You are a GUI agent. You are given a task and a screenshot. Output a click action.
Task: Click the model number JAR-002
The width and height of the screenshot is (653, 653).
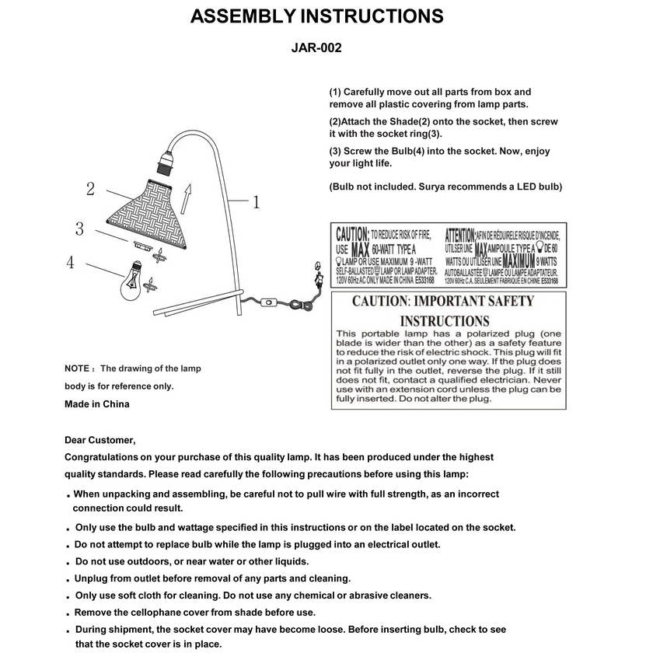pos(316,47)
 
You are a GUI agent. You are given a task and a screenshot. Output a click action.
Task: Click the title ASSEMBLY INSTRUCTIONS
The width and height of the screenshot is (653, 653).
pos(317,16)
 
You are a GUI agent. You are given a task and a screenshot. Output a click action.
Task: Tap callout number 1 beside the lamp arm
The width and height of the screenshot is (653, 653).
pos(257,202)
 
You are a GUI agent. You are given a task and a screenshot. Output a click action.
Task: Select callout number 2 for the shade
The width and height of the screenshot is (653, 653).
pos(91,188)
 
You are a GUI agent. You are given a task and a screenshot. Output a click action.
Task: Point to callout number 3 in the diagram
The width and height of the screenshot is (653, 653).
pos(80,229)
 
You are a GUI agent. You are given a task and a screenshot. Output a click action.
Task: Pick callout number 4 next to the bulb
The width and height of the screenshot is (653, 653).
pos(70,262)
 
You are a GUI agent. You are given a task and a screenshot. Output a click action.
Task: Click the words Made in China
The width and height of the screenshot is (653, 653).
pos(96,403)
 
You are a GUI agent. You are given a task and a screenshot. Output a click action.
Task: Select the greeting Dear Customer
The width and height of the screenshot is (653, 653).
pos(100,440)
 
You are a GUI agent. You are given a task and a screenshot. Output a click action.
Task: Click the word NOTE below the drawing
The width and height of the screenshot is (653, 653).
pos(78,368)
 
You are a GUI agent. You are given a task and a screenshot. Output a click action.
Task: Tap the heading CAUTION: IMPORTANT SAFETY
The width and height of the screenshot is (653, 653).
pos(443,301)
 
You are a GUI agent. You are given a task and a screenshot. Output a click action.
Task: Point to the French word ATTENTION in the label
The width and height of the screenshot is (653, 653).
pos(459,233)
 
